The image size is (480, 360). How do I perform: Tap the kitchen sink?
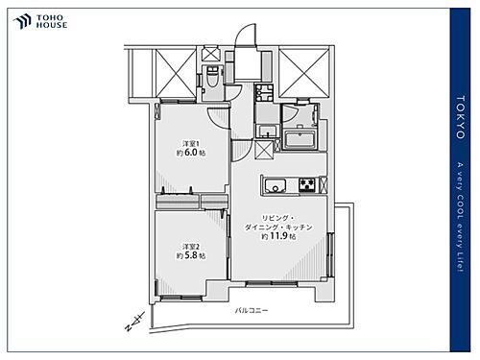coord(272,185)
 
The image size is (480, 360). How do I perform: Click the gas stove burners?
coord(307,185)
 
